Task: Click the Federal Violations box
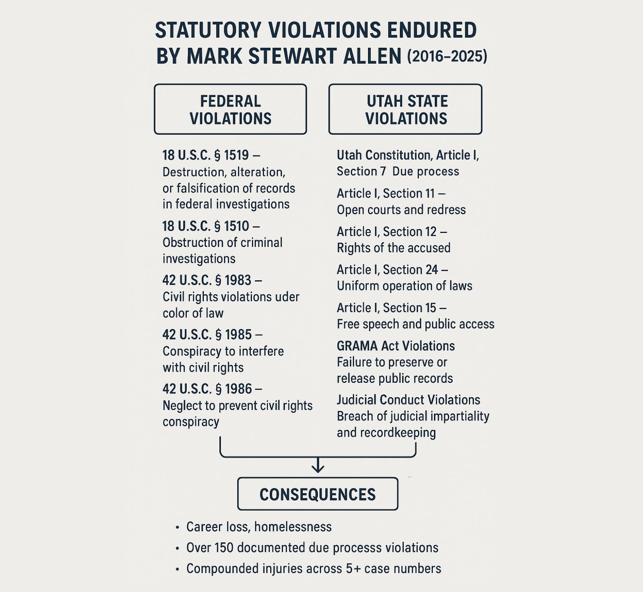pos(230,109)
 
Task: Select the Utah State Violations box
pos(405,109)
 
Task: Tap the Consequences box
pos(318,494)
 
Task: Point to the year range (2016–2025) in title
pos(447,56)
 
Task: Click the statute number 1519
pos(236,155)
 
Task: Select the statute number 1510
pos(236,226)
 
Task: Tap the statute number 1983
pos(238,281)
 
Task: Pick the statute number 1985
pos(238,335)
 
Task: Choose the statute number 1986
pos(238,389)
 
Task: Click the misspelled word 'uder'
pos(288,297)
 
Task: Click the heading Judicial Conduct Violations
pos(408,400)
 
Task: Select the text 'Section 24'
pos(410,270)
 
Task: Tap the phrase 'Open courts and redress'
pos(401,210)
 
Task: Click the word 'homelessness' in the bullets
pos(293,527)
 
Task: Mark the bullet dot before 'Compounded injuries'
pos(177,569)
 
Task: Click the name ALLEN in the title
pos(372,56)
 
